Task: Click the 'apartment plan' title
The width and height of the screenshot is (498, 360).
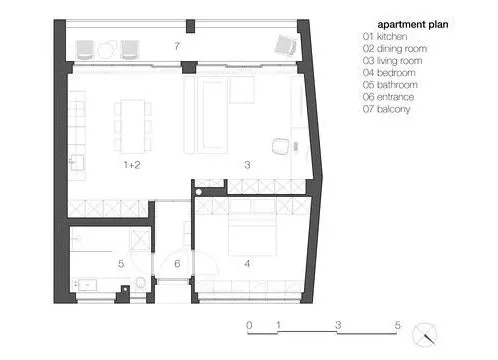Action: tap(413, 25)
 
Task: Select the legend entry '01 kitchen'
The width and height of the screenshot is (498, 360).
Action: tap(385, 36)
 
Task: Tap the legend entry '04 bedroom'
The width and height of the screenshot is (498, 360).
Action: tap(389, 73)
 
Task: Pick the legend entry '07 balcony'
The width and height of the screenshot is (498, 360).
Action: tap(386, 109)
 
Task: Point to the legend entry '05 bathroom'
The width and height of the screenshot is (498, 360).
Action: tap(390, 85)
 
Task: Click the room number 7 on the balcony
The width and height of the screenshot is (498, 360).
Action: tap(177, 46)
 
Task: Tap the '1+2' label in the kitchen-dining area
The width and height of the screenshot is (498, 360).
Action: tap(132, 165)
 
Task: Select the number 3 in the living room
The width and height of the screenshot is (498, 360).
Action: tap(247, 165)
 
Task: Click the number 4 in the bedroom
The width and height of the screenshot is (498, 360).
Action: tap(247, 264)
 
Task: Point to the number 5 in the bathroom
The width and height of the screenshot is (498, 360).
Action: tap(121, 264)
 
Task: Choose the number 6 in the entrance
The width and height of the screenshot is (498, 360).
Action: tap(177, 264)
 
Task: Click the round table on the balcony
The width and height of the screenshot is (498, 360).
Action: tap(107, 50)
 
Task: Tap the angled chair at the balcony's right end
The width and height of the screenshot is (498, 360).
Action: tap(285, 46)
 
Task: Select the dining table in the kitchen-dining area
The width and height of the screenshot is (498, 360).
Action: tap(133, 126)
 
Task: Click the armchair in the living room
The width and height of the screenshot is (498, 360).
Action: tap(280, 146)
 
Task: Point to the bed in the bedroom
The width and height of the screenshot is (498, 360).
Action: tap(252, 235)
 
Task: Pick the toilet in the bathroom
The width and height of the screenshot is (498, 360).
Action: tap(141, 283)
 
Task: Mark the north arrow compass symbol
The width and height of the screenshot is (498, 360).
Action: tap(425, 335)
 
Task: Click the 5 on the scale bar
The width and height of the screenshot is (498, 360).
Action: tap(397, 325)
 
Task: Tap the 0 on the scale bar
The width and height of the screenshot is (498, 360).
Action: tap(249, 325)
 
